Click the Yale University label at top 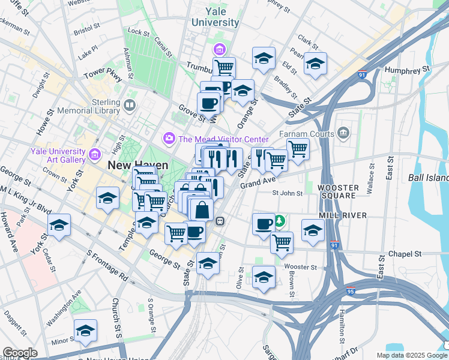pos(215,17)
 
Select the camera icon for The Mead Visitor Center pos(170,139)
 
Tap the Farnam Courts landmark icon pos(344,132)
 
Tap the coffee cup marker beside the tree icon pos(263,224)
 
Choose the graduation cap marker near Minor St pos(86,331)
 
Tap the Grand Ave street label pos(258,181)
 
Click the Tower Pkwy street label pos(103,75)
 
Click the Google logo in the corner pos(20,353)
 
